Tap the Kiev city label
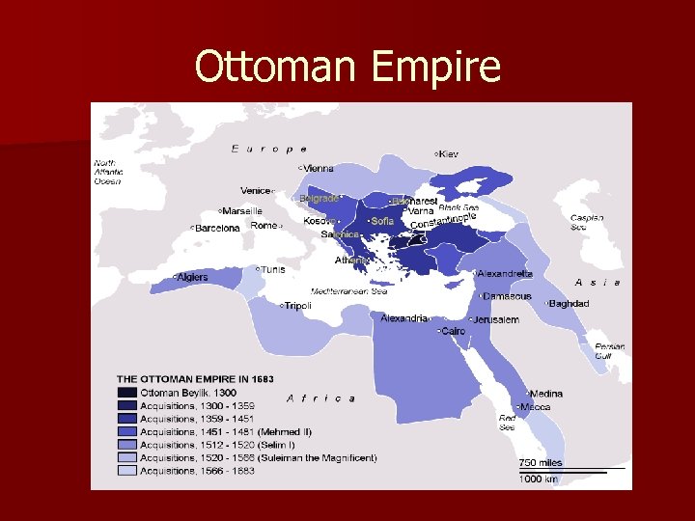click(x=449, y=154)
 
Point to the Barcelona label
click(x=217, y=229)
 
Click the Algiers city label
click(x=191, y=278)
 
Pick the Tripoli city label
click(x=297, y=306)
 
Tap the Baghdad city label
click(x=569, y=304)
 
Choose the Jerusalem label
click(x=496, y=319)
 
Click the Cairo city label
click(x=453, y=331)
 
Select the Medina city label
click(x=545, y=394)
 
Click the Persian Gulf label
click(x=609, y=350)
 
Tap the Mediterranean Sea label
click(x=348, y=290)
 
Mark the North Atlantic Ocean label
click(x=107, y=172)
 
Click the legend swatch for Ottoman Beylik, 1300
click(x=127, y=394)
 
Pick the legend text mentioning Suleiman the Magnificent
click(x=258, y=457)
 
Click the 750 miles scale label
click(x=541, y=463)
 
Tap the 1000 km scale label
click(x=540, y=479)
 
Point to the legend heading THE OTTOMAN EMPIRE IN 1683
click(x=195, y=379)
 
